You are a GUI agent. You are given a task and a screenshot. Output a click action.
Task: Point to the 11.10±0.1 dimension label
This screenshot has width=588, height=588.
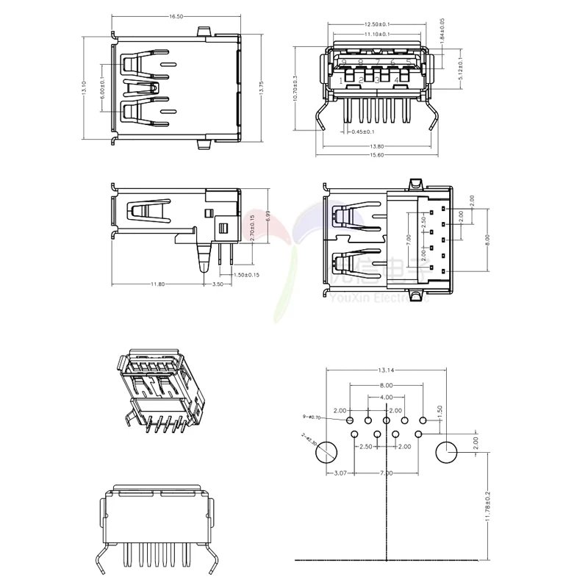click(378, 35)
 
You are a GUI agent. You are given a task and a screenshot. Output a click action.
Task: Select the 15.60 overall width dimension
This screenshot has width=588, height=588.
click(377, 155)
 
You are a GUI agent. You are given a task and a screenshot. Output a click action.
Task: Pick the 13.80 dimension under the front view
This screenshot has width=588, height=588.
click(377, 146)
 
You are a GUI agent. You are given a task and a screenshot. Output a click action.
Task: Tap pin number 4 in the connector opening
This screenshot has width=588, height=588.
click(397, 79)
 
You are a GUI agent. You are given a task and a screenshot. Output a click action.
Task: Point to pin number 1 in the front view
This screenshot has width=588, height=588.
click(342, 79)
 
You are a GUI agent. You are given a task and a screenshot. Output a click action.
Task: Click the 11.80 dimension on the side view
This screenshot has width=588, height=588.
click(157, 284)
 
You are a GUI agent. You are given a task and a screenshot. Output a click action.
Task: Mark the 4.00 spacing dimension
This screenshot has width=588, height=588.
click(386, 398)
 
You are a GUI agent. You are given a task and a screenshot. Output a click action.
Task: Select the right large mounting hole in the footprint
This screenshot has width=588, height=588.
click(447, 453)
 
